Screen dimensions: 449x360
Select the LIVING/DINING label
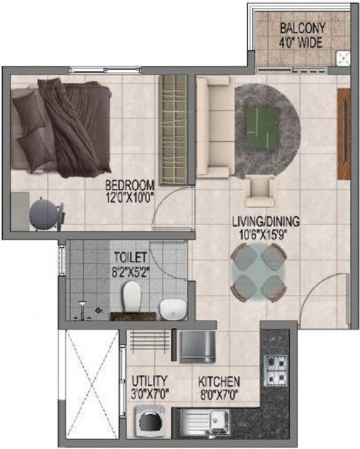pos(265,221)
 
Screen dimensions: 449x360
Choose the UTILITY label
pos(150,380)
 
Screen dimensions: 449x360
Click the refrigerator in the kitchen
pos(197,345)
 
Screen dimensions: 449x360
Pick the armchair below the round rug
pos(259,190)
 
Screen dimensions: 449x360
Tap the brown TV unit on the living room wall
pos(343,132)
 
